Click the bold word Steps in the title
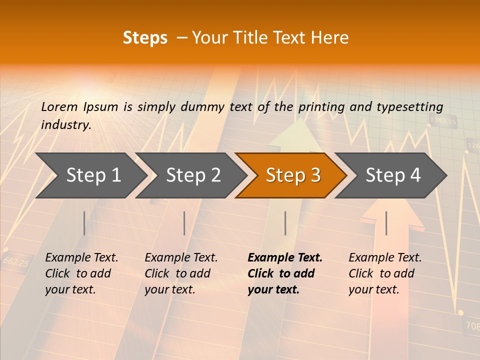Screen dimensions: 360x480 pos(145,38)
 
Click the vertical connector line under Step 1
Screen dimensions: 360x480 pos(84,223)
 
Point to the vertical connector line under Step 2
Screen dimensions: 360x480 pos(184,223)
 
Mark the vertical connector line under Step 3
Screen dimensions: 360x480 pos(285,223)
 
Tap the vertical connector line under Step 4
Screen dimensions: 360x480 pos(386,223)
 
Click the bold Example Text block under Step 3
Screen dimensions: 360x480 pos(285,273)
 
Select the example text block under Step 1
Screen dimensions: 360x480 pos(81,273)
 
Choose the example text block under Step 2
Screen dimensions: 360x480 pos(181,273)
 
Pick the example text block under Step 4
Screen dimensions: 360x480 pos(385,273)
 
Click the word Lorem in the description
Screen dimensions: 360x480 pos(59,107)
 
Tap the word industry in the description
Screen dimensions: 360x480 pos(65,125)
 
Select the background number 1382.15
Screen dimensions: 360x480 pos(443,121)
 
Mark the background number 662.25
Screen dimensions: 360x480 pos(16,261)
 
